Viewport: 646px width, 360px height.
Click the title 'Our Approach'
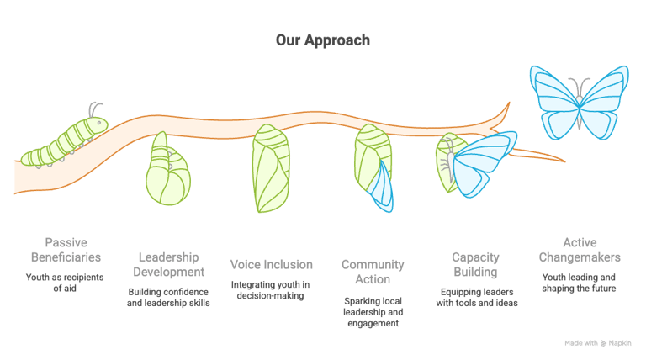pos(323,40)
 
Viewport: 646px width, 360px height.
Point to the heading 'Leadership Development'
pos(169,265)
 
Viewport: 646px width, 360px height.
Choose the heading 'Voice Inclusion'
pos(272,264)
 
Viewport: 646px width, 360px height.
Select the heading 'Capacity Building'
pos(475,265)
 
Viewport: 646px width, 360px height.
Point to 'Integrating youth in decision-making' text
pos(272,290)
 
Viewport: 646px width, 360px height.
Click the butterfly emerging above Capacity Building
pos(471,164)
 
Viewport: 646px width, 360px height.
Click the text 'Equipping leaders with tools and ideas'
pos(475,297)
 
